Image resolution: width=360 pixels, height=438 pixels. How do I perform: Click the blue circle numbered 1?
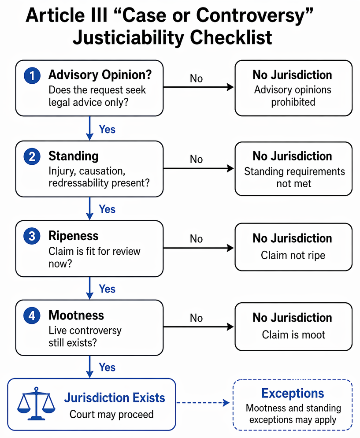pyautogui.click(x=32, y=75)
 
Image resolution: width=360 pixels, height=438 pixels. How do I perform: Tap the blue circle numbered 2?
pyautogui.click(x=32, y=156)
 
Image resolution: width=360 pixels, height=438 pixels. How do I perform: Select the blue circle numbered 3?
pyautogui.click(x=32, y=236)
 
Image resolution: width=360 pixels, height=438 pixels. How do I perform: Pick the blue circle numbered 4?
pyautogui.click(x=32, y=316)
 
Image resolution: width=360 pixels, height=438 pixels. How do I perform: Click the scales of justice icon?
pyautogui.click(x=36, y=403)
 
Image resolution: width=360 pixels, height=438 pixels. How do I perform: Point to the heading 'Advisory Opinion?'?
pyautogui.click(x=100, y=75)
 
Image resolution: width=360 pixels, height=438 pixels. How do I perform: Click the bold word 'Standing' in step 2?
pyautogui.click(x=74, y=156)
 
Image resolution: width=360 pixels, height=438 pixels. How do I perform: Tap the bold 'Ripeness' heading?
pyautogui.click(x=74, y=236)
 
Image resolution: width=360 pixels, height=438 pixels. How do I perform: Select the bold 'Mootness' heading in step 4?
pyautogui.click(x=76, y=315)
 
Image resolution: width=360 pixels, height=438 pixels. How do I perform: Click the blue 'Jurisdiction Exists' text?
pyautogui.click(x=115, y=397)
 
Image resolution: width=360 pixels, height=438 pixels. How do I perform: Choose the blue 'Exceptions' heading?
pyautogui.click(x=293, y=393)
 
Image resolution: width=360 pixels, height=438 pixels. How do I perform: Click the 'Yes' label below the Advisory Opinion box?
pyautogui.click(x=107, y=130)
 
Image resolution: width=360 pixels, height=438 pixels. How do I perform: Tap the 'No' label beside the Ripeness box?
pyautogui.click(x=196, y=239)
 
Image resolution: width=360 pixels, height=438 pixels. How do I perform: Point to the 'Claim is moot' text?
pyautogui.click(x=293, y=334)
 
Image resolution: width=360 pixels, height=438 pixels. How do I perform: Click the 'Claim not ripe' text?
pyautogui.click(x=293, y=255)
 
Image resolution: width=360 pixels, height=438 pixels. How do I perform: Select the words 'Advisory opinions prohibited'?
pyautogui.click(x=293, y=96)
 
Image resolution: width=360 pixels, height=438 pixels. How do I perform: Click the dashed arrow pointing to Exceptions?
pyautogui.click(x=203, y=402)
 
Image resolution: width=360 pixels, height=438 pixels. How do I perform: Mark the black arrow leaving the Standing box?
pyautogui.click(x=198, y=168)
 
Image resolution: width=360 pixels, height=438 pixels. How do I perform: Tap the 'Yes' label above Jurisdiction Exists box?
pyautogui.click(x=107, y=367)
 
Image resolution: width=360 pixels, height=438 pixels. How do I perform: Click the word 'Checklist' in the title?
pyautogui.click(x=231, y=37)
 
